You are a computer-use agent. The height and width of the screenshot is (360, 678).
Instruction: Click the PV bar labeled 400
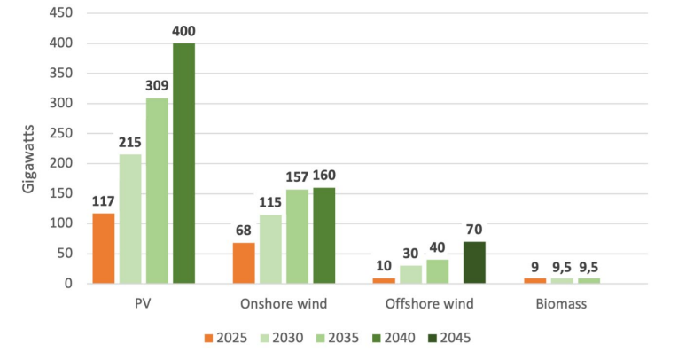(x=184, y=163)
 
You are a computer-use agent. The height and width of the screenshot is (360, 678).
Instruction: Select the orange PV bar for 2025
(x=104, y=248)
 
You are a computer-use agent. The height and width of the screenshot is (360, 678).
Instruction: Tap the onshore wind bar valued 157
(x=298, y=237)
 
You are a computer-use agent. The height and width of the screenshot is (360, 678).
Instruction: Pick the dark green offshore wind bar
(x=474, y=262)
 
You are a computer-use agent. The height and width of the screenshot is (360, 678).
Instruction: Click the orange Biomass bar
(x=535, y=281)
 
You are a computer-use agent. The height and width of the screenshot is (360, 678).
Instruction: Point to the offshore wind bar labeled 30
(x=410, y=275)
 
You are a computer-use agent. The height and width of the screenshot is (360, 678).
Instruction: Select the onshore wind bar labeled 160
(x=324, y=236)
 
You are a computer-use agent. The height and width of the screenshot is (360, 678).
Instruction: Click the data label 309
(x=157, y=86)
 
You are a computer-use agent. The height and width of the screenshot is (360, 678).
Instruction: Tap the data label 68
(x=244, y=231)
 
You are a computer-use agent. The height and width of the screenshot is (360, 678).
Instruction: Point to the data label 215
(x=130, y=142)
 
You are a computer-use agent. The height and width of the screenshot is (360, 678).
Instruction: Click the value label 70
(x=474, y=230)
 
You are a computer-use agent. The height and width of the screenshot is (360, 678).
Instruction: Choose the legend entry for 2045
(x=449, y=338)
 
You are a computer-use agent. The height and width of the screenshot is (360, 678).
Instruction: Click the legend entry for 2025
(x=226, y=338)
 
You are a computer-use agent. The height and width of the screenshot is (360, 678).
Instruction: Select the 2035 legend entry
(x=338, y=338)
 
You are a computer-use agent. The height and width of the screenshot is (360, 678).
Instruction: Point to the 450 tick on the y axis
(x=61, y=13)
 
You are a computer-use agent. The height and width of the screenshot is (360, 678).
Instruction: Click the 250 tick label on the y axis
(x=61, y=133)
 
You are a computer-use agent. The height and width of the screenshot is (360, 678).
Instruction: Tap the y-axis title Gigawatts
(x=28, y=159)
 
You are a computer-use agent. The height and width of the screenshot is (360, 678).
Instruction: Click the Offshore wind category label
(x=429, y=304)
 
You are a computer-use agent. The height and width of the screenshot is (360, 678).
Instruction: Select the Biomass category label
(x=561, y=304)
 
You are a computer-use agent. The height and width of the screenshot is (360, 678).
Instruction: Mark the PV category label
(x=143, y=304)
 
